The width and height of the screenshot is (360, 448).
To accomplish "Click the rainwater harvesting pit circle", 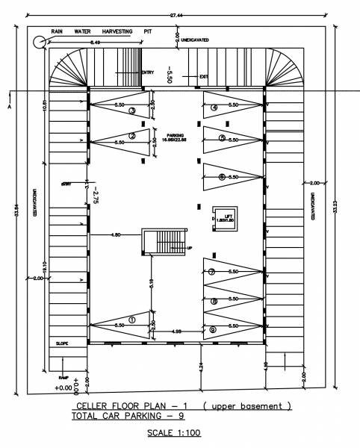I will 37,42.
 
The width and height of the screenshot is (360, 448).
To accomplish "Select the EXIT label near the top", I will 203,76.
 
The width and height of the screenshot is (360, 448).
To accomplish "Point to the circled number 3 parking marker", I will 131,111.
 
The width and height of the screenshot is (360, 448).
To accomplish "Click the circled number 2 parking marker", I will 131,136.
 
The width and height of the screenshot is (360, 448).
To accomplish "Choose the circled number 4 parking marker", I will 214,108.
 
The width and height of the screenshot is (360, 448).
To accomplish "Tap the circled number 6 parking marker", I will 222,177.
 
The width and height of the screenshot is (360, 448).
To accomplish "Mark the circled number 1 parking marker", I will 131,320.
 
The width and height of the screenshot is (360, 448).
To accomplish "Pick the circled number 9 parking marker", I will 214,329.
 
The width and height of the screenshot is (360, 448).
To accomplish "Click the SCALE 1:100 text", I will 173,432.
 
